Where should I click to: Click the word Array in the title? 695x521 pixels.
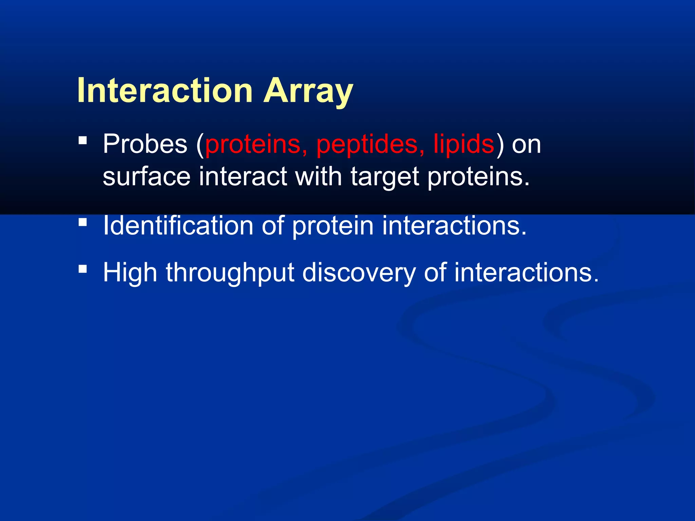308,91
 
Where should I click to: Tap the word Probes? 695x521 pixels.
145,144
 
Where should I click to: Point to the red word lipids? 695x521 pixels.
464,144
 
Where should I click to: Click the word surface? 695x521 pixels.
147,177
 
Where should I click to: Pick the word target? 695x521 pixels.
384,177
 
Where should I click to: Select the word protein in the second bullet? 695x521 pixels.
333,226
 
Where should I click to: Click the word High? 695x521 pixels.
130,273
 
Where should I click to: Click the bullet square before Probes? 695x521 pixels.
83,140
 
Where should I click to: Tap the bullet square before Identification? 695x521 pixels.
83,222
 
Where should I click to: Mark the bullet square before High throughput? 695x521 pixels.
83,269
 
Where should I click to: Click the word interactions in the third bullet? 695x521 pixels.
526,273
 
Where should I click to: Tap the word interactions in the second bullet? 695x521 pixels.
454,226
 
